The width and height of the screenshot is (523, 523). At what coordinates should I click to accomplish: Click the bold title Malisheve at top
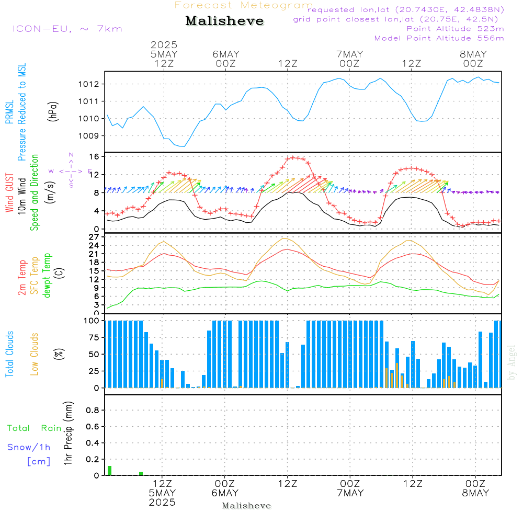click(x=224, y=21)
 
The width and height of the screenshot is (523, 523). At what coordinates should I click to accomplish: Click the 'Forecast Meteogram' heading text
click(x=244, y=5)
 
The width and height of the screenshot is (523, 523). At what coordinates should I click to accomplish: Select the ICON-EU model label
click(x=66, y=28)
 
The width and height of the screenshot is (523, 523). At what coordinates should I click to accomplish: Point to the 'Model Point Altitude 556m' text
click(x=439, y=38)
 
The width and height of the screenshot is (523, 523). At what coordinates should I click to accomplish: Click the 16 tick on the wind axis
click(x=95, y=156)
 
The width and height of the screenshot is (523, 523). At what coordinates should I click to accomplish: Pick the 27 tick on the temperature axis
click(x=95, y=236)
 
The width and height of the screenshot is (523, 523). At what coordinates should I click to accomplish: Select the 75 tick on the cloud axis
click(x=95, y=337)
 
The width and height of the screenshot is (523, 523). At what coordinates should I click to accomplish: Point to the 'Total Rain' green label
click(x=34, y=428)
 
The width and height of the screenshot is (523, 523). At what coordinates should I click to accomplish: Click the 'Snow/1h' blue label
click(x=29, y=447)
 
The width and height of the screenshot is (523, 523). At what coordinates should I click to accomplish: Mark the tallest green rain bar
click(x=109, y=470)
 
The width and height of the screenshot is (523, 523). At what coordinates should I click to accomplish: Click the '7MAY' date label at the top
click(x=349, y=54)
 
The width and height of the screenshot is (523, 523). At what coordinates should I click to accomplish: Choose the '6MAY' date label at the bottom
click(x=225, y=493)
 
